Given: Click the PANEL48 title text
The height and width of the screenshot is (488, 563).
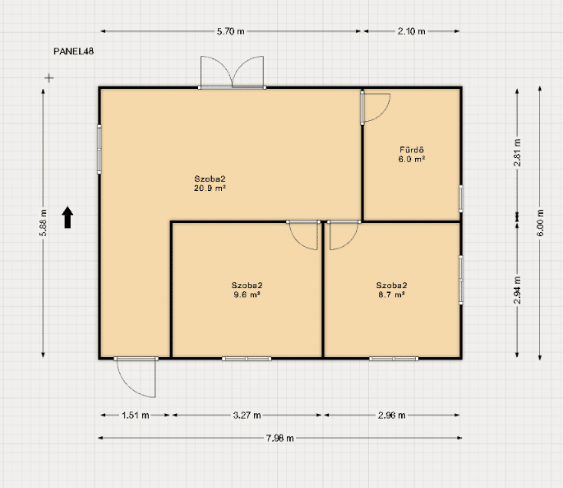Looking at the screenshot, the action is [74, 51].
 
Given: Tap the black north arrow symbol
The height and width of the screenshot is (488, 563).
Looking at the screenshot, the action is [67, 217].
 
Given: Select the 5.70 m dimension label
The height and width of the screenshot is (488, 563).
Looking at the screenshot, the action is [230, 31].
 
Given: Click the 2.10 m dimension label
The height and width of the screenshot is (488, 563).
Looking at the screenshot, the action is [412, 31].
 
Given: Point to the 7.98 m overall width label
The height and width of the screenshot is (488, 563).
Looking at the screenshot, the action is [280, 439].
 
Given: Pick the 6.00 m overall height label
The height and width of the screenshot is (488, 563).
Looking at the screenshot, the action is [540, 222].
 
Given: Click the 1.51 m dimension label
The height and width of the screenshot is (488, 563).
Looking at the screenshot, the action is [136, 416].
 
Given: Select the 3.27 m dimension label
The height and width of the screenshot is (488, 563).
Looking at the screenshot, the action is [247, 416].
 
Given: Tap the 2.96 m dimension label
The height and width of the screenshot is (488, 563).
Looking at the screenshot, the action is [392, 416].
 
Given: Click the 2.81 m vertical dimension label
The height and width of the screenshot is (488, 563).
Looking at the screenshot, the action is [518, 153].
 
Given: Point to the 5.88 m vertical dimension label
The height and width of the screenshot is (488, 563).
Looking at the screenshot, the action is [44, 222].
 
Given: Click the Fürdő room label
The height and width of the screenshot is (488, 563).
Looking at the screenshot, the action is [412, 150].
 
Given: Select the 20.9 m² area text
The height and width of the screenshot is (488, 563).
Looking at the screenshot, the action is [210, 188].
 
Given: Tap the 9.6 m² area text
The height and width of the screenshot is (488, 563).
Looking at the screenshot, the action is [247, 295].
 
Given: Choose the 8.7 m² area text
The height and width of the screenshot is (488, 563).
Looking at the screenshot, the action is [391, 295].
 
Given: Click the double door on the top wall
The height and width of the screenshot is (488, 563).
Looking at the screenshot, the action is [232, 72].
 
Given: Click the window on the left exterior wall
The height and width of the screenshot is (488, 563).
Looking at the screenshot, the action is [99, 149].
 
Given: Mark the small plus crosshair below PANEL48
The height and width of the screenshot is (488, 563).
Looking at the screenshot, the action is [49, 77].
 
